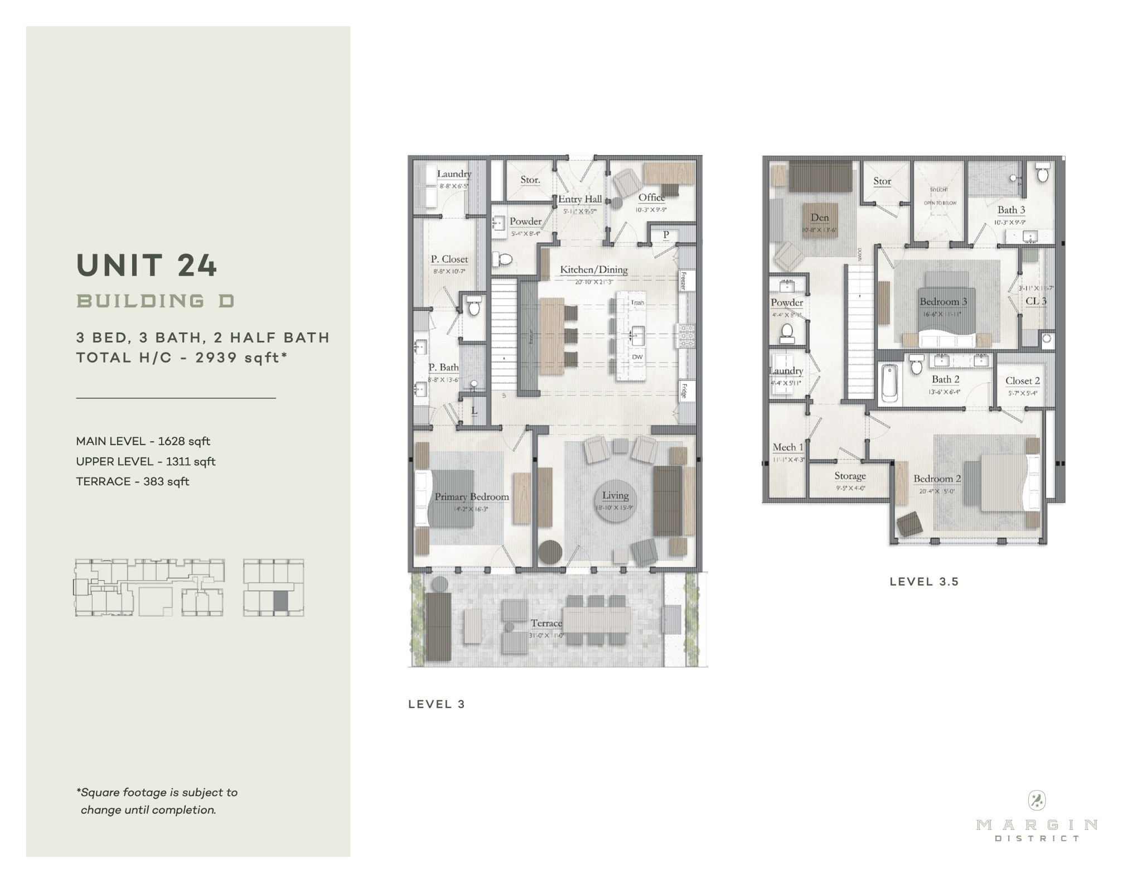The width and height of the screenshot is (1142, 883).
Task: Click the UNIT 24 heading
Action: [147, 266]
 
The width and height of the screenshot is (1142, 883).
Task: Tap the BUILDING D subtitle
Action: [156, 301]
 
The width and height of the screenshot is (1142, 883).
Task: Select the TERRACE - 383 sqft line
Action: [133, 481]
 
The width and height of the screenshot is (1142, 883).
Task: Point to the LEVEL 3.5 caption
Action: [924, 582]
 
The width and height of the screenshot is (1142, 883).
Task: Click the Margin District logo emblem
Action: [1036, 801]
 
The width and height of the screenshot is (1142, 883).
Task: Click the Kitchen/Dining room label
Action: [594, 270]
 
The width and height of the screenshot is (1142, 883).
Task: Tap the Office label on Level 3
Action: [651, 197]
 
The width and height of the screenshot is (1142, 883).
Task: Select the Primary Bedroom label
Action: [472, 497]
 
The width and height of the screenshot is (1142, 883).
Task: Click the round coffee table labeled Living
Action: [615, 500]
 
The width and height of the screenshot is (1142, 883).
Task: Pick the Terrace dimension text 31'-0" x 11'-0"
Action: [546, 635]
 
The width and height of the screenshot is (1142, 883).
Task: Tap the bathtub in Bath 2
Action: [889, 383]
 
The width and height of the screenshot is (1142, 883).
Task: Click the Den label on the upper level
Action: [819, 218]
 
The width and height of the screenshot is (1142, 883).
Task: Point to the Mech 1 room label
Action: [788, 447]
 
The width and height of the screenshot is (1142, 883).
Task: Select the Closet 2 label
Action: [1023, 381]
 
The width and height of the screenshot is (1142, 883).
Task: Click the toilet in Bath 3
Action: [1042, 173]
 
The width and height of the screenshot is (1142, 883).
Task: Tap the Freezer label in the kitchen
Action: [683, 281]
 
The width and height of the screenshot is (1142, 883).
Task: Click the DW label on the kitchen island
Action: [637, 357]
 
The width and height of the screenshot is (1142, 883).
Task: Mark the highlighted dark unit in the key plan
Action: [280, 602]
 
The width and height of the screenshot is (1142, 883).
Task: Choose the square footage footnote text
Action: [157, 801]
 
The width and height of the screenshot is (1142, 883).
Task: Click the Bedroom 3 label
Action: [943, 302]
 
